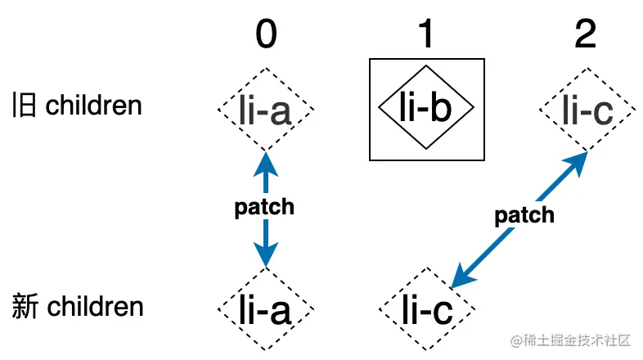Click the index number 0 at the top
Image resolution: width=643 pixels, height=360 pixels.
266,35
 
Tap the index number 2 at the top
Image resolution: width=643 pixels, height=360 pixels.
585,35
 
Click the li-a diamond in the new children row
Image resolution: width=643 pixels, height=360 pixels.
266,309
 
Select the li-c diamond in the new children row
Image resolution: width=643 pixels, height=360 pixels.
426,309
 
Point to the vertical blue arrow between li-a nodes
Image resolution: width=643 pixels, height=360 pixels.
264,237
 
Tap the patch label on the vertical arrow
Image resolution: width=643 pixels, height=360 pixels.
264,207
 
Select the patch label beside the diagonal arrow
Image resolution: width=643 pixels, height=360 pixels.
524,215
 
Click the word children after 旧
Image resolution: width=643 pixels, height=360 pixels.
93,106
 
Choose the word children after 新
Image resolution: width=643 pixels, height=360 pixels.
95,308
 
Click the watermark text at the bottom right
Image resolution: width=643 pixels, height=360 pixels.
571,339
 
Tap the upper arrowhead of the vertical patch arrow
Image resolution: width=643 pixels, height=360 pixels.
264,161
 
